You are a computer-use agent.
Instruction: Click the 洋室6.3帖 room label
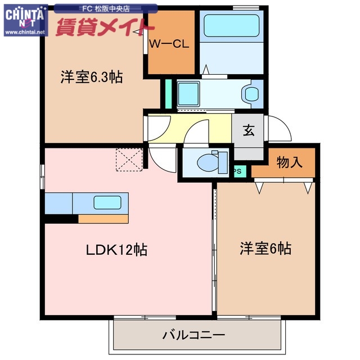(x=92, y=78)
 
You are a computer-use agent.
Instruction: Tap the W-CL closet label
(x=169, y=44)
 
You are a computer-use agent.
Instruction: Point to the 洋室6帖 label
(x=265, y=248)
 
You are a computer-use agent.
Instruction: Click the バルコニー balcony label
(x=194, y=335)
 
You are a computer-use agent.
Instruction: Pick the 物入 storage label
(x=290, y=163)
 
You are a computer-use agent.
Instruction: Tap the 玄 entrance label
(x=248, y=130)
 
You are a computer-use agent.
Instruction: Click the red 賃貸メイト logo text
(x=105, y=25)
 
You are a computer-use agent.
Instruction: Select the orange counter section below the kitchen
(x=103, y=219)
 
